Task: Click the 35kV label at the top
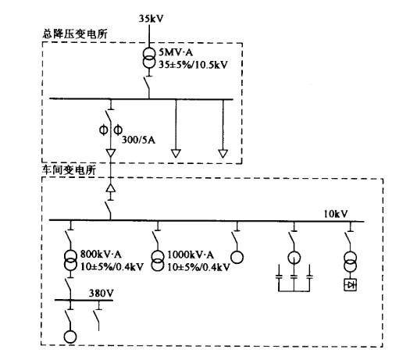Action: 151,19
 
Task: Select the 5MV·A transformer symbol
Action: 149,58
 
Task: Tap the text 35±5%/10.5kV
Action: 193,65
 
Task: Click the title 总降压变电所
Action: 74,34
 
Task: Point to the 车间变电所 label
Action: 69,170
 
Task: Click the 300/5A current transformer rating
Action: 138,140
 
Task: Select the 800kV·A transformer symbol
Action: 70,260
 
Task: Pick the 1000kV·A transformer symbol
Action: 157,261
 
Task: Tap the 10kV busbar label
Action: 336,214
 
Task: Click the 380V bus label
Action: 102,294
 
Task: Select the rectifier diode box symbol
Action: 350,284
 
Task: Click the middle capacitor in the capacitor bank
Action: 294,276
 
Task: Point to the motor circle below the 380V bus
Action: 70,337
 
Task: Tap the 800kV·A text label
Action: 101,255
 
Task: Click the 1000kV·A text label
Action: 191,255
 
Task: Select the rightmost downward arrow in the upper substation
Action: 223,154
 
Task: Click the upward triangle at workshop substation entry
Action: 111,188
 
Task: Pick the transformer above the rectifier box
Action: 351,262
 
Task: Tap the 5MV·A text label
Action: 176,52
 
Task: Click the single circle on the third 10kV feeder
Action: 237,257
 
